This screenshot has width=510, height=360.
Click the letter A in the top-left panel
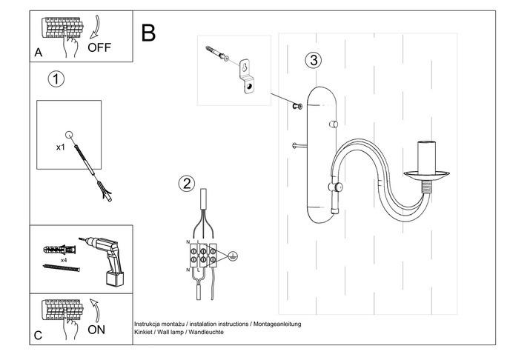[38, 53]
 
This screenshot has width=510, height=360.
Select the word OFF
[100, 48]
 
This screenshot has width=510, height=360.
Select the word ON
[97, 330]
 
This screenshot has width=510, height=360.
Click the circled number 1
[54, 79]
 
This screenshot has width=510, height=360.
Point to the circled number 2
[186, 184]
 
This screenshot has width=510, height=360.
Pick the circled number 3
[314, 60]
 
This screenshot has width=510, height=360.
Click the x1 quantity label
[61, 147]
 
